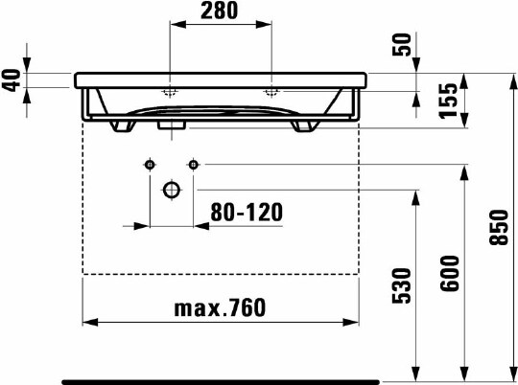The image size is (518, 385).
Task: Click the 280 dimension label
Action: [x=219, y=11]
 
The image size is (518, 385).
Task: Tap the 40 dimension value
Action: [x=12, y=80]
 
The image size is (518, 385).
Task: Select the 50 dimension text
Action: [x=402, y=45]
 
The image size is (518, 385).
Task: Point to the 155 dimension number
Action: [x=448, y=101]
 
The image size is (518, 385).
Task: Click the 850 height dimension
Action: [x=499, y=227]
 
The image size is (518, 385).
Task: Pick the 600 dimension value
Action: [x=450, y=273]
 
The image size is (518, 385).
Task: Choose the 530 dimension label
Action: [x=401, y=285]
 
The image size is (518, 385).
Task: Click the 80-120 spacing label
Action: [x=247, y=212]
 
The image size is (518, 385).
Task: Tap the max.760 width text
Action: [x=220, y=307]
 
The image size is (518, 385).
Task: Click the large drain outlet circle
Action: [x=172, y=190]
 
